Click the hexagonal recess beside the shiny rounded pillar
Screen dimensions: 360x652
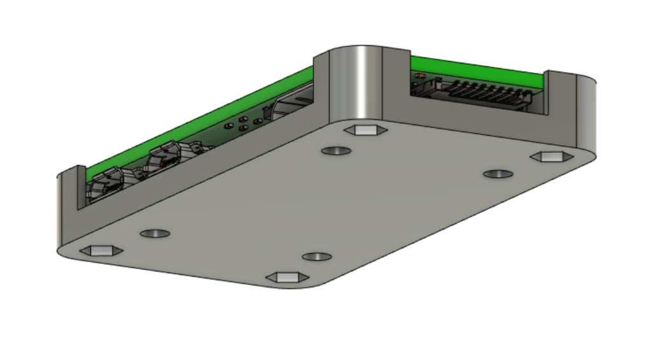(365, 130)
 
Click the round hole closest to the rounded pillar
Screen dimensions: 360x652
(336, 151)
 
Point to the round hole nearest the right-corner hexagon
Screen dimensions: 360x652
(498, 174)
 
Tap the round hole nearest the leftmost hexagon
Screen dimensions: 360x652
(155, 233)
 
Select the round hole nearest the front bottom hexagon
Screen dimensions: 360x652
(316, 257)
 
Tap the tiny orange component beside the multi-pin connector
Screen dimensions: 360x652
(418, 76)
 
